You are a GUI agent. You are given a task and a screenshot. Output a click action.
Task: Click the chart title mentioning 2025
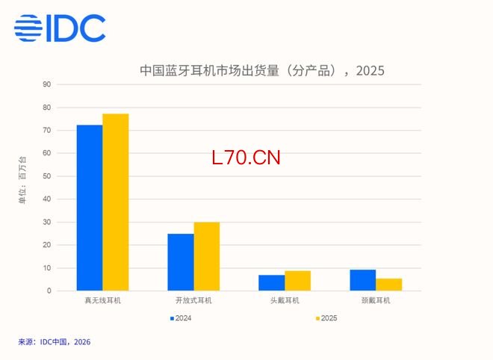click(x=262, y=71)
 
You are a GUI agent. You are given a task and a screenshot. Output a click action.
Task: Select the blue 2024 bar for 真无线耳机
click(x=90, y=208)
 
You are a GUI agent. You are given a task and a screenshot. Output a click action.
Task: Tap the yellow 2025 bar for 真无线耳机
click(x=116, y=202)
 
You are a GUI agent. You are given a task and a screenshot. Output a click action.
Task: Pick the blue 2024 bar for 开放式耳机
click(x=180, y=262)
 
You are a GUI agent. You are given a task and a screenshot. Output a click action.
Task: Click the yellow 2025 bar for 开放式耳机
click(x=206, y=256)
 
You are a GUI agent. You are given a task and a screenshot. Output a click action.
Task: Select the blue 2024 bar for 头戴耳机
click(x=271, y=282)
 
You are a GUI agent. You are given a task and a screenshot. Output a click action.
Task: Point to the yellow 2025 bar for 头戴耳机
click(x=297, y=280)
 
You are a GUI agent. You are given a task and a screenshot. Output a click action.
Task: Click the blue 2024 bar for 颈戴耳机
click(x=363, y=280)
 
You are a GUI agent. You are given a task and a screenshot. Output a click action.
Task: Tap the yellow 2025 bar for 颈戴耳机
click(x=388, y=285)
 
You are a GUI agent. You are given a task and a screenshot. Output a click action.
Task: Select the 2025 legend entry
click(x=326, y=318)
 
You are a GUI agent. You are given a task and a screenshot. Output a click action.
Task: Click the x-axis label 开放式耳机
click(x=193, y=300)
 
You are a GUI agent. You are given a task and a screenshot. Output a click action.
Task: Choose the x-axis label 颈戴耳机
click(x=375, y=300)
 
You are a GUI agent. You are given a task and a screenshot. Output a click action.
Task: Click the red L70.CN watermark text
click(x=246, y=158)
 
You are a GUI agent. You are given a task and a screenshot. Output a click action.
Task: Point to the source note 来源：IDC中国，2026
click(x=55, y=342)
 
